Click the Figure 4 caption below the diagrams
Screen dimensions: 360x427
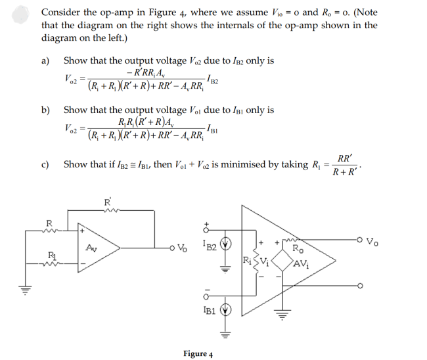coord(197,353)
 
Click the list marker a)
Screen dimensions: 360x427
coord(45,61)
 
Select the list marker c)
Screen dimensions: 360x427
coord(45,164)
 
